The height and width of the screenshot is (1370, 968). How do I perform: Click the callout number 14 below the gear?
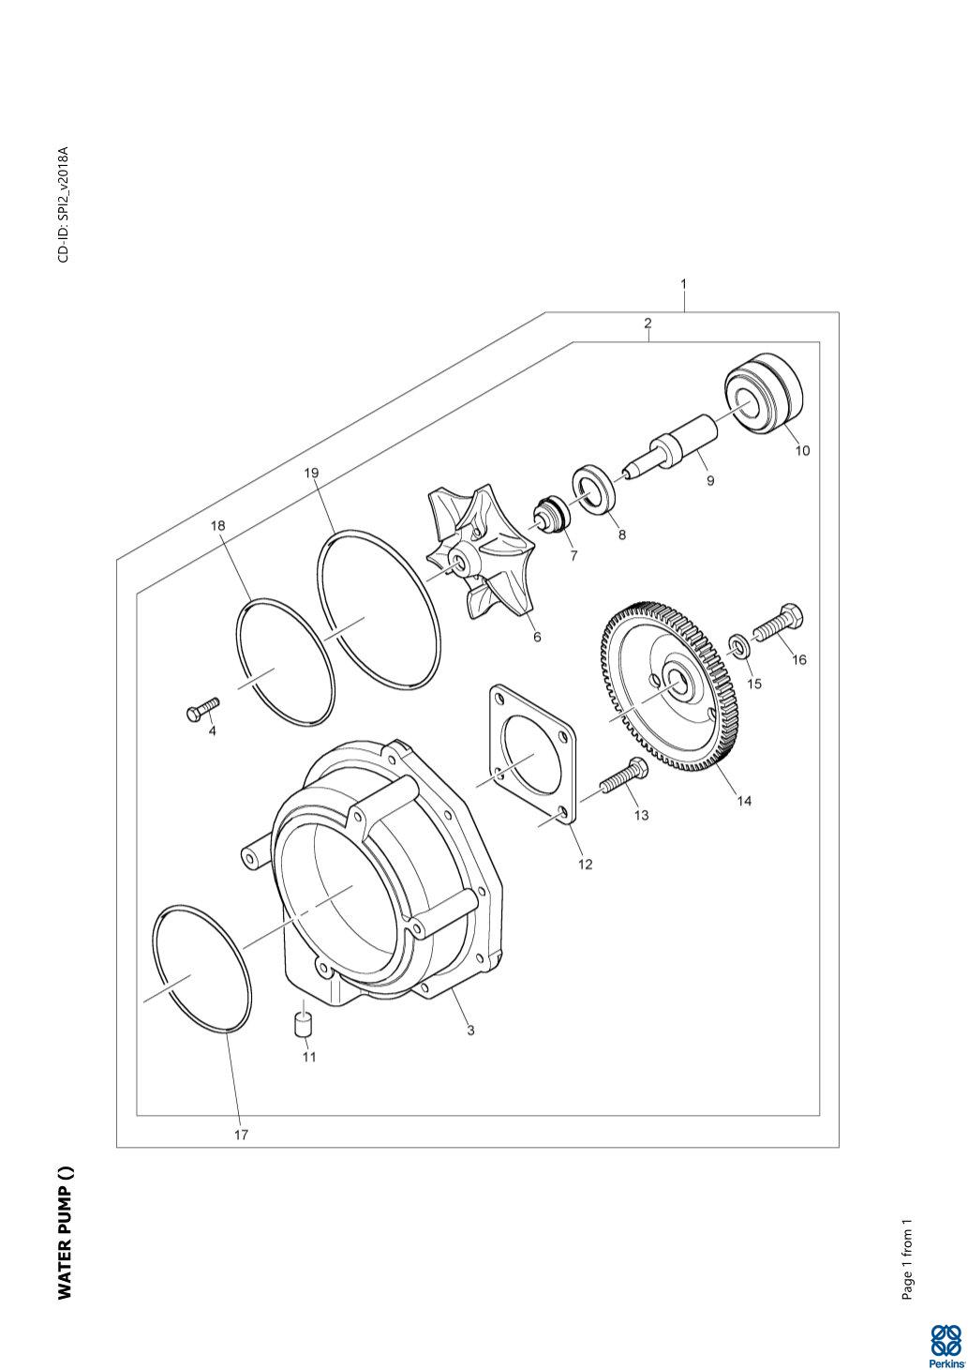tap(743, 801)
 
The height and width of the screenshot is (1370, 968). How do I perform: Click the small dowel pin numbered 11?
tap(303, 1024)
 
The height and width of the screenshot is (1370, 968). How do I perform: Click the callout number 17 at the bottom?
tap(241, 1135)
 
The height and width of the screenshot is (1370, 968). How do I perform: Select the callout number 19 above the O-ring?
tap(311, 474)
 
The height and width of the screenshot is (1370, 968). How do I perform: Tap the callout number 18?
tap(217, 526)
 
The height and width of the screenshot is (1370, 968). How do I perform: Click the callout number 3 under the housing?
tap(470, 1030)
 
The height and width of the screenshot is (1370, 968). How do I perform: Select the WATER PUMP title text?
tap(65, 1234)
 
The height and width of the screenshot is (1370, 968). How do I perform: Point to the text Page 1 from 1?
tap(906, 1259)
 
